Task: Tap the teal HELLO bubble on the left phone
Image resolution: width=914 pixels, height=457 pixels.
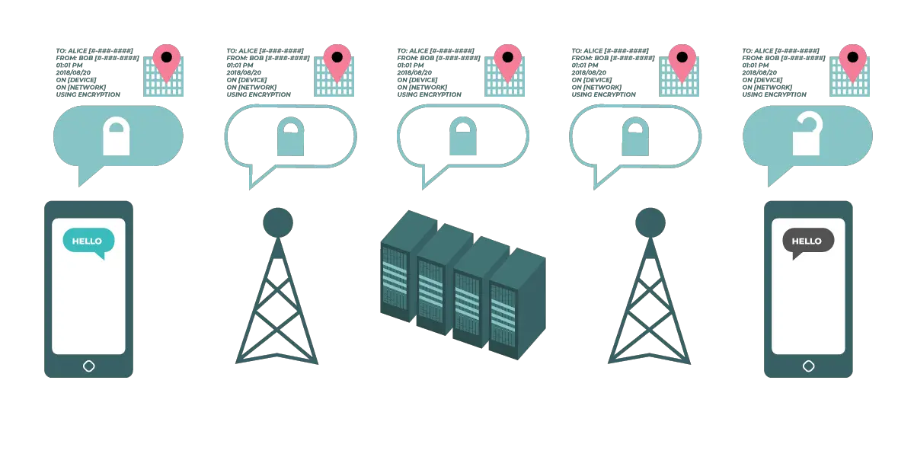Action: point(88,242)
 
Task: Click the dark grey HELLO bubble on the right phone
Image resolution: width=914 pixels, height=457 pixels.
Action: point(808,242)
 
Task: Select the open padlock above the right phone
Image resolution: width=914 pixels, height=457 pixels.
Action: point(807,134)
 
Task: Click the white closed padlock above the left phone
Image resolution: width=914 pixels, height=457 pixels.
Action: point(117,136)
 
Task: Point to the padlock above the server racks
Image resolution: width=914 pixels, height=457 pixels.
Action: point(463,136)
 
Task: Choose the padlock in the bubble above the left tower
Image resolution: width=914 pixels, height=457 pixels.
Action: point(290,136)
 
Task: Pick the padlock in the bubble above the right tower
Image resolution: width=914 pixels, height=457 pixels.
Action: point(635,136)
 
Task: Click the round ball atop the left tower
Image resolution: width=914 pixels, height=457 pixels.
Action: point(278,222)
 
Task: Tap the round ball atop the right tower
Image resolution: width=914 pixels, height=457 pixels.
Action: point(650,222)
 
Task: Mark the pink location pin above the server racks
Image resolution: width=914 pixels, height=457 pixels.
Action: point(507,61)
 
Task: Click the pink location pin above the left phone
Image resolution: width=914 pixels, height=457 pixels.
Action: point(167,61)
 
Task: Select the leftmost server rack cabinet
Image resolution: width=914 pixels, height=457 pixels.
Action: point(408,266)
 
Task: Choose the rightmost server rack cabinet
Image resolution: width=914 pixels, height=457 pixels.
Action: point(517,304)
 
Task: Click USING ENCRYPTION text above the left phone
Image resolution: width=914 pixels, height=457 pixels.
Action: point(88,94)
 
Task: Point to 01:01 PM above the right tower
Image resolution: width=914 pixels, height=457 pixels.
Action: point(585,66)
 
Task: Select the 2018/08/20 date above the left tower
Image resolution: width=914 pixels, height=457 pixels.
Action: point(244,72)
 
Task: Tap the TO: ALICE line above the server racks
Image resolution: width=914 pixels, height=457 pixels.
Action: point(436,51)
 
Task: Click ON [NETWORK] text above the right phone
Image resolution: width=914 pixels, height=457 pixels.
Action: point(767,88)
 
